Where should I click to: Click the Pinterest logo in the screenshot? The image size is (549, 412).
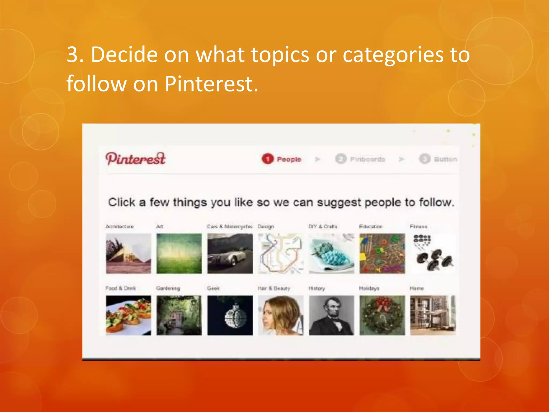click(x=136, y=159)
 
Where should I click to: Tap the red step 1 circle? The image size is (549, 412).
click(x=267, y=159)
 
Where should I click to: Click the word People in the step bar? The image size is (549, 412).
click(x=289, y=159)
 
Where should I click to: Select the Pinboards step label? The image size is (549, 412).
click(x=367, y=159)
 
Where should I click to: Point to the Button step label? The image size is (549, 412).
click(x=445, y=159)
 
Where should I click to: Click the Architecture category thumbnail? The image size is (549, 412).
click(x=128, y=253)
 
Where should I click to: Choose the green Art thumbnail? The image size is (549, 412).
click(x=179, y=253)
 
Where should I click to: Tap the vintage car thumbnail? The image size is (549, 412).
click(x=230, y=253)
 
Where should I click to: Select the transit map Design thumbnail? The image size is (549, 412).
click(x=281, y=253)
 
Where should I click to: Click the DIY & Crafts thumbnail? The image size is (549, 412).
click(x=331, y=253)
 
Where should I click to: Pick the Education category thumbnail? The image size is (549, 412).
click(x=382, y=253)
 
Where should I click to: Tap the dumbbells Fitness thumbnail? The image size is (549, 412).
click(x=433, y=253)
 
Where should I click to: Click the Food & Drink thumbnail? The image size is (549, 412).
click(x=128, y=315)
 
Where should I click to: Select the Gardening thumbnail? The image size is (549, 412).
click(x=179, y=315)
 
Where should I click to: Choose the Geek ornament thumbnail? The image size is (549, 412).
click(x=230, y=315)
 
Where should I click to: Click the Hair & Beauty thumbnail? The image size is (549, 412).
click(x=281, y=315)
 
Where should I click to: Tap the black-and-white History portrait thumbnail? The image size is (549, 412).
click(x=331, y=315)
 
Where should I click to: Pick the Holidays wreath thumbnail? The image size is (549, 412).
click(x=382, y=315)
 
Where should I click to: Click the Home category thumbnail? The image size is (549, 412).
click(x=433, y=315)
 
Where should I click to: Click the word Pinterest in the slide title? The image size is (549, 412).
click(x=211, y=84)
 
